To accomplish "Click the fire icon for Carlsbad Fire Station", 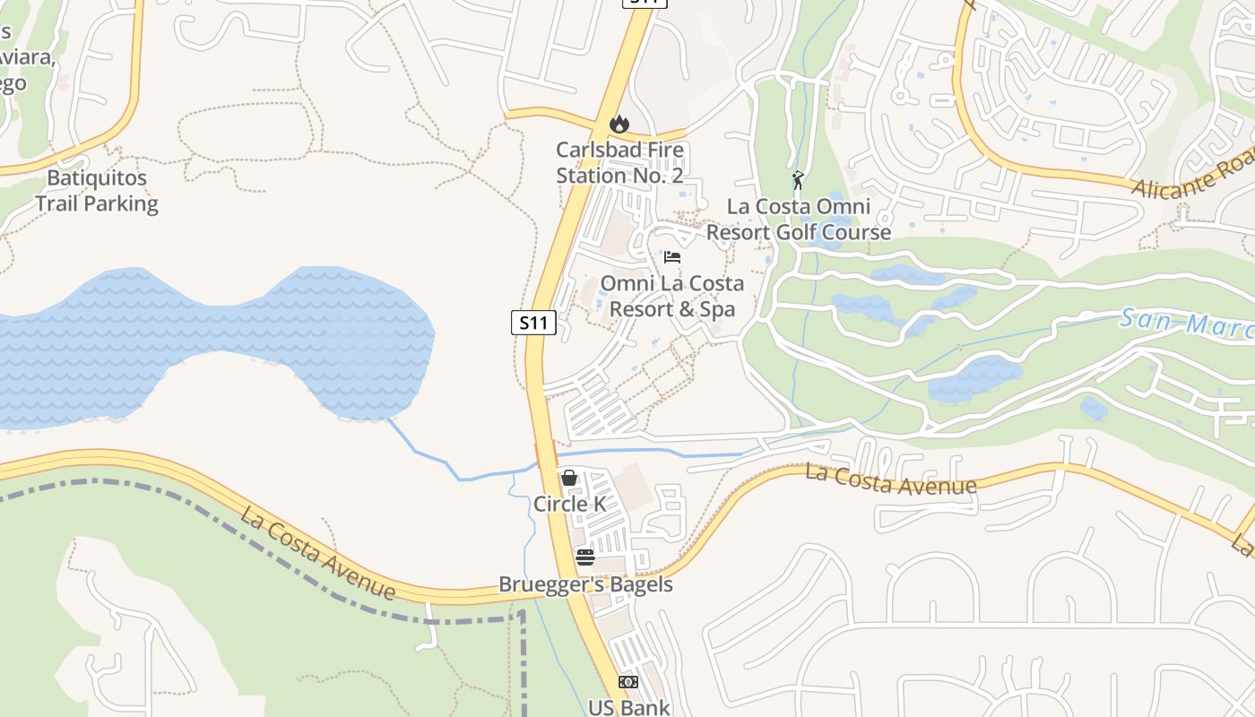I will coord(619,124).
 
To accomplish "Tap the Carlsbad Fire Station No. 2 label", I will coord(619,163).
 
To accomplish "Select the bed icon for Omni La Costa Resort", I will coord(672,258).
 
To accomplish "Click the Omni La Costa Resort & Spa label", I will coord(671,297).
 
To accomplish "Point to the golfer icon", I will coord(798,180).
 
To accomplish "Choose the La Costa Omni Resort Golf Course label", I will coord(799,220).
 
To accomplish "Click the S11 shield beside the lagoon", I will coord(533,323).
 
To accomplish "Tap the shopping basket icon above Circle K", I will coord(569,478).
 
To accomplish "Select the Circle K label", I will coord(569,505).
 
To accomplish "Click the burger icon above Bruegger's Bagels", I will coord(584,557).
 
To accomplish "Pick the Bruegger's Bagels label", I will coord(585,585).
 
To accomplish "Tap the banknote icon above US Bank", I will coord(628,682).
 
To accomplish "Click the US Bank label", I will coord(628,707).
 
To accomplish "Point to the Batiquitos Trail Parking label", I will coord(97,190).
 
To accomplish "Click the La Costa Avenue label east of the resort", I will coord(890,479).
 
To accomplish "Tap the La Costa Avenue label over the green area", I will coord(318,554).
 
